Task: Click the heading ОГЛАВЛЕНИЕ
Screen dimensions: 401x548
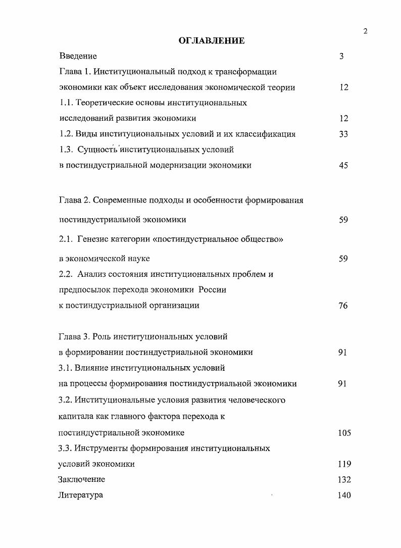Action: (212, 41)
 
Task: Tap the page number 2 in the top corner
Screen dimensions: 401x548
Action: (365, 31)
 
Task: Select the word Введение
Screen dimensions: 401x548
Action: (78, 56)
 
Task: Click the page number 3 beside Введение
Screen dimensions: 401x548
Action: (341, 56)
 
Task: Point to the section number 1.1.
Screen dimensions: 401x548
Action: (66, 103)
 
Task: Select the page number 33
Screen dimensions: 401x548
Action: (343, 134)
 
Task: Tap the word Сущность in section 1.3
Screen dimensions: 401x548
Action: (97, 150)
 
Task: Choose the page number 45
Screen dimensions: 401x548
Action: (343, 165)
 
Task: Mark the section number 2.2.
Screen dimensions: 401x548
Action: (66, 274)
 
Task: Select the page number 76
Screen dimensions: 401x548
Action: (343, 306)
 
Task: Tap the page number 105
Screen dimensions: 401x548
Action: (344, 433)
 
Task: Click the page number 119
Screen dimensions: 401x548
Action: (344, 464)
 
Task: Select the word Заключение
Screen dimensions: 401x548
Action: (82, 479)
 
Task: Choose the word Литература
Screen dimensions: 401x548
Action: (81, 495)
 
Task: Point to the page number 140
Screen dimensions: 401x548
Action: (344, 495)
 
